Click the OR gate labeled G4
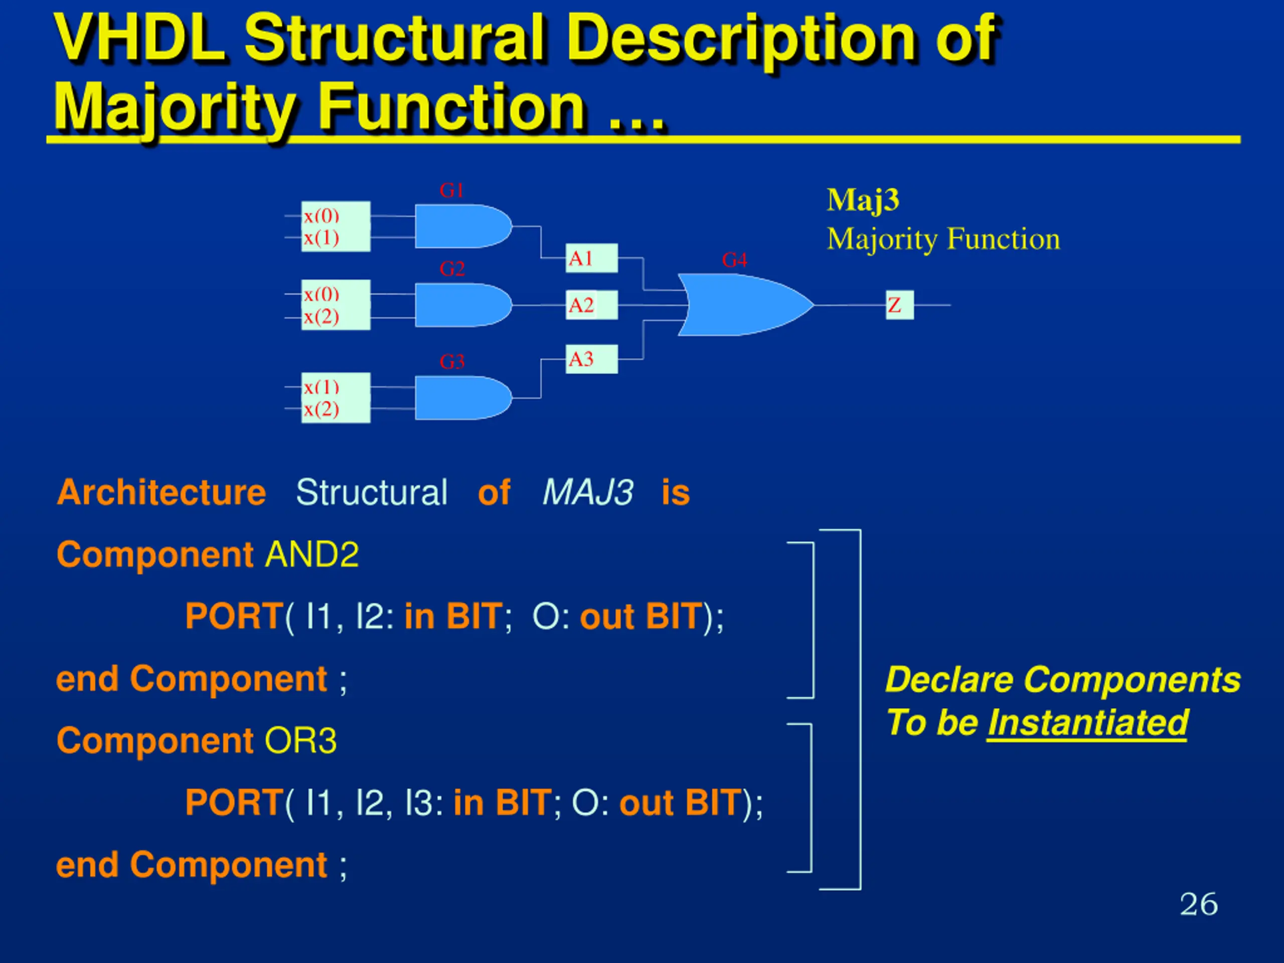pos(745,305)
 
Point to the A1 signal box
pos(591,258)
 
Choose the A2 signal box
pos(591,305)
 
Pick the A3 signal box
pos(591,359)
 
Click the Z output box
pos(900,305)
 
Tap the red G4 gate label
pos(734,259)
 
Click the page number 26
pos(1199,904)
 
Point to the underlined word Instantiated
pos(1088,723)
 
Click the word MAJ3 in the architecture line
pos(587,492)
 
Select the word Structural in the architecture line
pos(372,492)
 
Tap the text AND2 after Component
pos(311,554)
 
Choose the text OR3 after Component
pos(300,741)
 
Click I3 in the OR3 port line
pos(418,803)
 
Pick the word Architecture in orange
pos(162,492)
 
